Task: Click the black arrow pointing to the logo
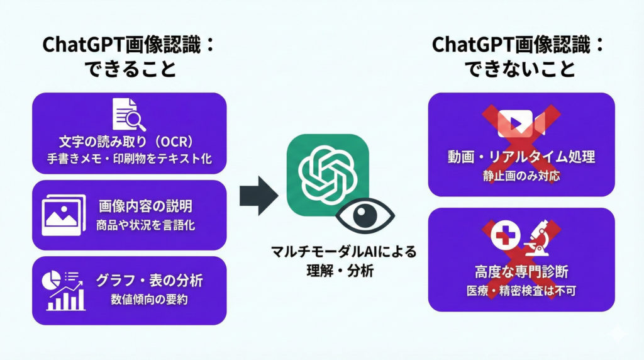258,196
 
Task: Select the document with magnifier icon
128,114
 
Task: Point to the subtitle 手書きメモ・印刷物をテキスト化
129,159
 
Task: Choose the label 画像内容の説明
145,206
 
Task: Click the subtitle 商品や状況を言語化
145,225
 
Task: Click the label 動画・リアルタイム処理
521,155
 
